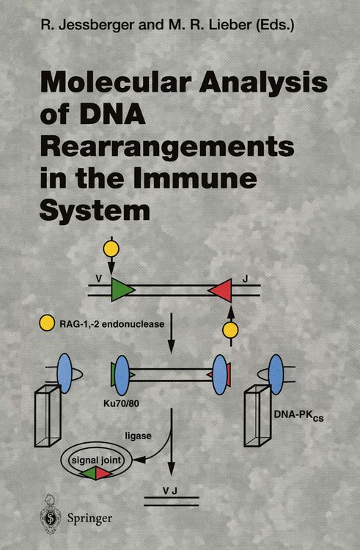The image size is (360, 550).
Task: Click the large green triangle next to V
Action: pyautogui.click(x=123, y=290)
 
